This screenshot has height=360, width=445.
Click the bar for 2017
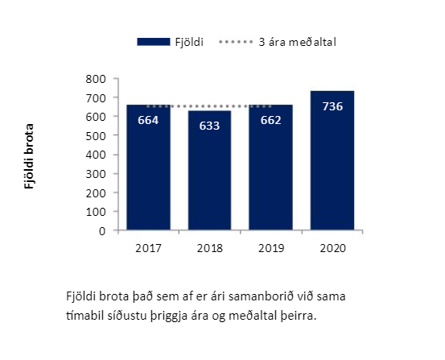148,167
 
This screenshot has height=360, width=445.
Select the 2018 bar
210,170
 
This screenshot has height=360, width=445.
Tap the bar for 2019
270,167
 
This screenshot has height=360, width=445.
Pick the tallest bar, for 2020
332,160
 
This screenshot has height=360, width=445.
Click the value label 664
148,120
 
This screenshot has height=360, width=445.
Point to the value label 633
209,126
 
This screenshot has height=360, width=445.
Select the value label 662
270,120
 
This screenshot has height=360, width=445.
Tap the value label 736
332,106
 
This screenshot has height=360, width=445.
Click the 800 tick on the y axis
96,79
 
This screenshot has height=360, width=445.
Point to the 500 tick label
96,136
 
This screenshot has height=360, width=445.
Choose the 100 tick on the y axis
96,212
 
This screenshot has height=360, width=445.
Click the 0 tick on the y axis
102,231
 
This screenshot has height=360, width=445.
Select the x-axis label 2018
210,248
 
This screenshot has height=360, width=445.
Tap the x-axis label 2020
332,248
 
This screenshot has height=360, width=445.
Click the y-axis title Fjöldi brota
29,156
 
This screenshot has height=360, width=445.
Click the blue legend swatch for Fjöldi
154,42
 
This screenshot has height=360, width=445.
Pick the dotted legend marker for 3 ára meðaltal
236,42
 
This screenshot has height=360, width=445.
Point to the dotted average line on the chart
209,106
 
